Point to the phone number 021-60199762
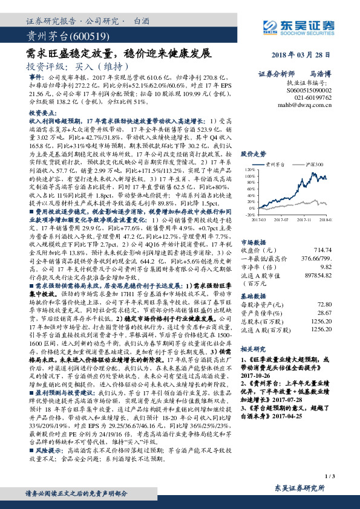point(312,96)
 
